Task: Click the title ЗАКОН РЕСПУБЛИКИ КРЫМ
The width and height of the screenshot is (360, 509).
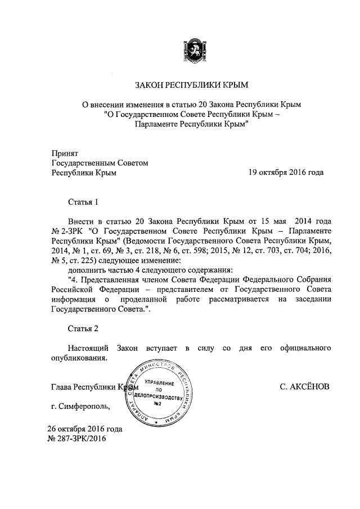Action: [x=191, y=85]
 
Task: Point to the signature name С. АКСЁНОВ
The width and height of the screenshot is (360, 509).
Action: [x=305, y=387]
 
